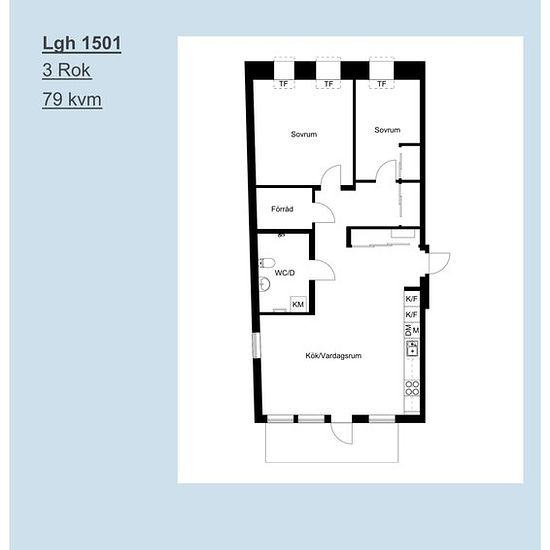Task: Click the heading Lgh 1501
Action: (82, 43)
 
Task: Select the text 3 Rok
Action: (67, 70)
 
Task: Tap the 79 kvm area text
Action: (72, 99)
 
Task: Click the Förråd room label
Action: (282, 209)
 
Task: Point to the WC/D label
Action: (284, 273)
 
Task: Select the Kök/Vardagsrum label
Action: (333, 356)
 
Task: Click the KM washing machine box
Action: (298, 304)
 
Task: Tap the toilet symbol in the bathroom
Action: (267, 263)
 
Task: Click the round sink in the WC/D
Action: (264, 284)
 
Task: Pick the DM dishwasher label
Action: (408, 330)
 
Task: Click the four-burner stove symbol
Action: (412, 388)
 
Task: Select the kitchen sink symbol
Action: (412, 348)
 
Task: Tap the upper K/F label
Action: (411, 299)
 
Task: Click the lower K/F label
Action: (411, 315)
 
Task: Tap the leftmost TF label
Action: (283, 84)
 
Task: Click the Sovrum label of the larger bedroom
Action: (304, 134)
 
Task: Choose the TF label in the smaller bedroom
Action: (382, 84)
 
